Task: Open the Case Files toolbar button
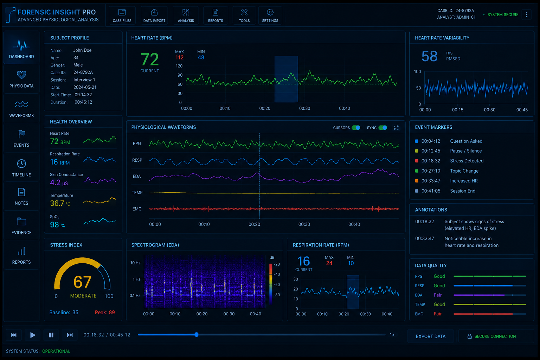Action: tap(122, 15)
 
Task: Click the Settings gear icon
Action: tap(270, 12)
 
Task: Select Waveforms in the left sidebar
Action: tap(21, 109)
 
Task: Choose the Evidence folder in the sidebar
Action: tap(21, 226)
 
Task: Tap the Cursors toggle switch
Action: tap(356, 128)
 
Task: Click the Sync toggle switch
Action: tap(382, 128)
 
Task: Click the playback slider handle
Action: tap(197, 335)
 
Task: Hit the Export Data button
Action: tap(431, 336)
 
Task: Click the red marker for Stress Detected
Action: tap(417, 161)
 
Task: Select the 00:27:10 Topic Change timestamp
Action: tap(431, 171)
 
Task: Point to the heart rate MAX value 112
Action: tap(179, 57)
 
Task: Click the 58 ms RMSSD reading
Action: tap(429, 56)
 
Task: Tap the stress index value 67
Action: tap(83, 282)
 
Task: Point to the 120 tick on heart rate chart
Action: tap(179, 66)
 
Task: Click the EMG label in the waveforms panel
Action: tap(137, 209)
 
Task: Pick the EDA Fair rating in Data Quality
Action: tap(438, 295)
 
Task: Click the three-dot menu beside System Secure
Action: tap(527, 15)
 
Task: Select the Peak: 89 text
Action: tap(105, 313)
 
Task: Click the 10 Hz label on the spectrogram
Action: tap(135, 263)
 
